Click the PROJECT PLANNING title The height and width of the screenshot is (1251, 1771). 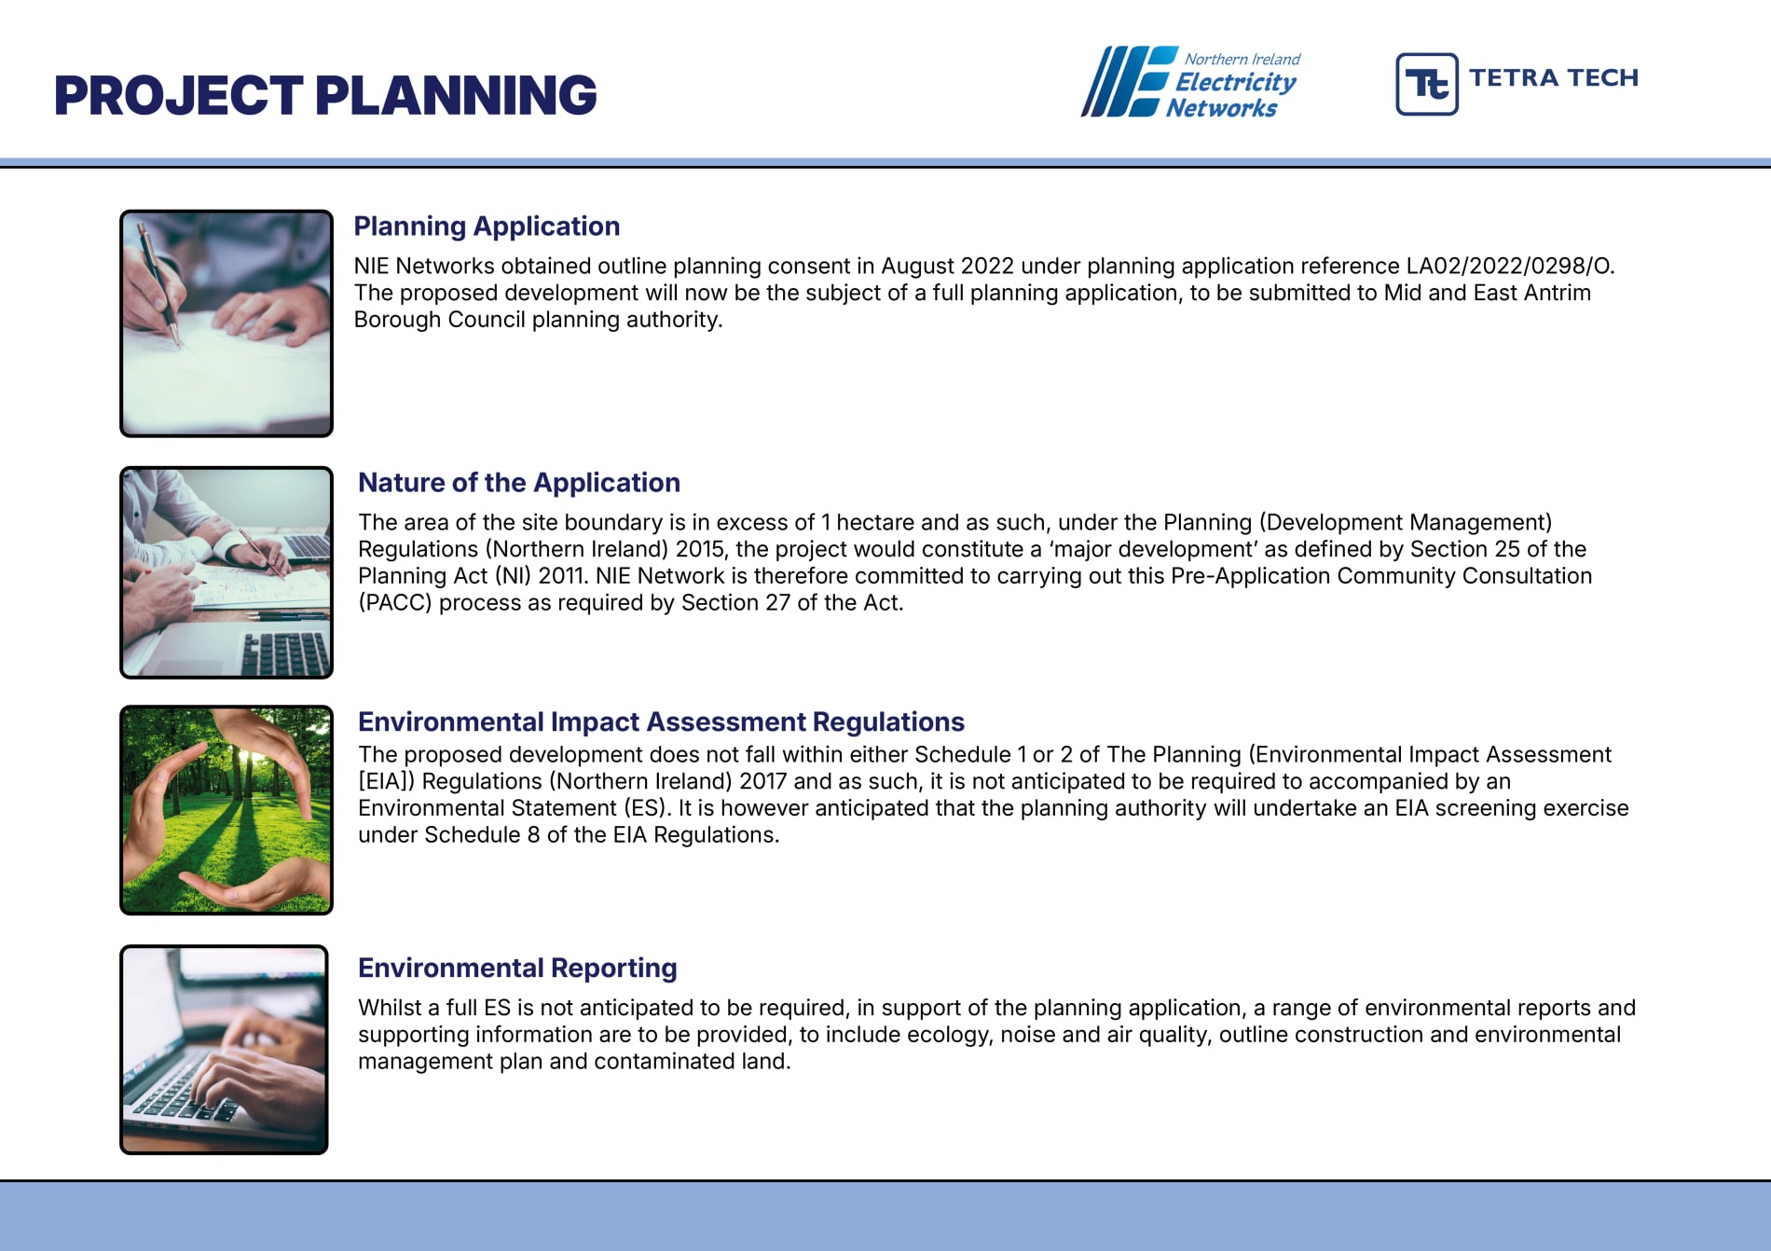pyautogui.click(x=325, y=95)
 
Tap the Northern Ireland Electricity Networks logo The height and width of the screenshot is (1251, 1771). pyautogui.click(x=1190, y=82)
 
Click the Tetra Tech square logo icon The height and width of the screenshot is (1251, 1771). pyautogui.click(x=1426, y=84)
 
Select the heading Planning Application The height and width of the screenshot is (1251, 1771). pyautogui.click(x=487, y=227)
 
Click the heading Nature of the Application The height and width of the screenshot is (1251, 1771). pyautogui.click(x=519, y=483)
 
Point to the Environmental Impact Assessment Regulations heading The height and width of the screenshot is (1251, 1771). pyautogui.click(x=661, y=722)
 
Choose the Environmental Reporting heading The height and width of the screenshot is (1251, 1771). pyautogui.click(x=517, y=969)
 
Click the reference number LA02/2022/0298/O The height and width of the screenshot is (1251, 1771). pyautogui.click(x=1510, y=267)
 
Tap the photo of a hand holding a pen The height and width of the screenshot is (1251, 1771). pyautogui.click(x=227, y=323)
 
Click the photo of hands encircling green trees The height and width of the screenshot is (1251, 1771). pyautogui.click(x=227, y=810)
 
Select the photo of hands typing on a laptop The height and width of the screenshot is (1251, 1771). pyautogui.click(x=224, y=1050)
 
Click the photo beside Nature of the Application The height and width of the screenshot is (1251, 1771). pyautogui.click(x=227, y=572)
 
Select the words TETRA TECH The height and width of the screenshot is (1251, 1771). pyautogui.click(x=1554, y=77)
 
